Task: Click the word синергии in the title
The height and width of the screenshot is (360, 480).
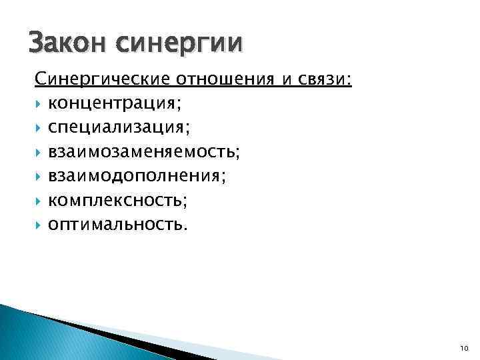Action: [179, 45]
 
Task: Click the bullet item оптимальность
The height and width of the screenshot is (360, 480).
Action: [117, 224]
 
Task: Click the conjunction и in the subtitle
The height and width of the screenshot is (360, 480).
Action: [285, 81]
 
